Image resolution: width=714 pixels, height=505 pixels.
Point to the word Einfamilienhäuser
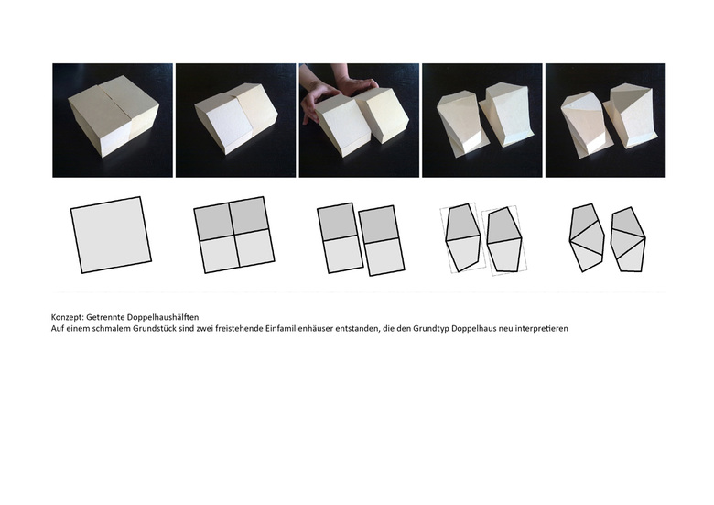click(299, 329)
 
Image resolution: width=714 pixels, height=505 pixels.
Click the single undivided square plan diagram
click(111, 235)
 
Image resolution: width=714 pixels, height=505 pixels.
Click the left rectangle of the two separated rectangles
click(340, 238)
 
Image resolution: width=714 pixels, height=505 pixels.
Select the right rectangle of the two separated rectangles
click(382, 241)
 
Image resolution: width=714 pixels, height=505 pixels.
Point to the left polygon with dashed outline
click(462, 237)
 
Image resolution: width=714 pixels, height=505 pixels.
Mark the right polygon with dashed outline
click(504, 240)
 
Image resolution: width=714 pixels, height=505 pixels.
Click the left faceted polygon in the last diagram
click(587, 237)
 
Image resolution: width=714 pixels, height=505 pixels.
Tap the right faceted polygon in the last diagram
click(628, 240)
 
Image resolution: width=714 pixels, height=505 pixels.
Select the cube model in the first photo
click(114, 116)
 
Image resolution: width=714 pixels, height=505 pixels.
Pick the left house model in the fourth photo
click(460, 122)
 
